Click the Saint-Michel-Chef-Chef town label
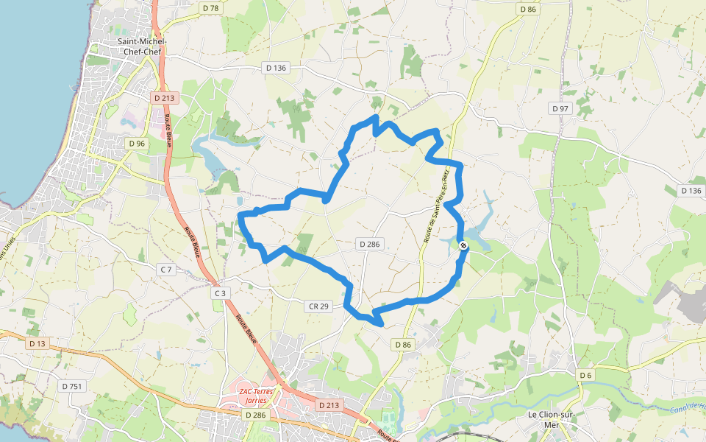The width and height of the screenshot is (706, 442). click(141, 46)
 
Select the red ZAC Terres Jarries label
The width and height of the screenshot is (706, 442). click(256, 395)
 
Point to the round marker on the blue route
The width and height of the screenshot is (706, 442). click(463, 246)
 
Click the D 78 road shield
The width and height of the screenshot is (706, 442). click(210, 8)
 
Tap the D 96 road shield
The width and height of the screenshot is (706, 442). click(136, 143)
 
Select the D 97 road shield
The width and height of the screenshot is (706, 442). click(561, 108)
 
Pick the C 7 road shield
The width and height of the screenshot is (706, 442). click(167, 270)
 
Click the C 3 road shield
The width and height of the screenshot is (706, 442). click(220, 293)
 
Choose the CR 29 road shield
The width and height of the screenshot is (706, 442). click(318, 305)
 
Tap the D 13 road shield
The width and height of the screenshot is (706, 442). click(37, 343)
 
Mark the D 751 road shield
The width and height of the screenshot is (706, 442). click(72, 386)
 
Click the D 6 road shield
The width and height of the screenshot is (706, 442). click(585, 376)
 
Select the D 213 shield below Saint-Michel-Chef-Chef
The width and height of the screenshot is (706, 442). click(163, 97)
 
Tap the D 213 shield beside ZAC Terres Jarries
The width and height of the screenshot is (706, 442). click(329, 405)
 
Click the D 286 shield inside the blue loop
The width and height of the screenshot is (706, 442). click(370, 244)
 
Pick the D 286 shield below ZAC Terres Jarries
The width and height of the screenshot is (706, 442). click(255, 415)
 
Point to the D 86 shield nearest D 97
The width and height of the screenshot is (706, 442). click(528, 10)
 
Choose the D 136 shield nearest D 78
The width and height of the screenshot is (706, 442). click(276, 68)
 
